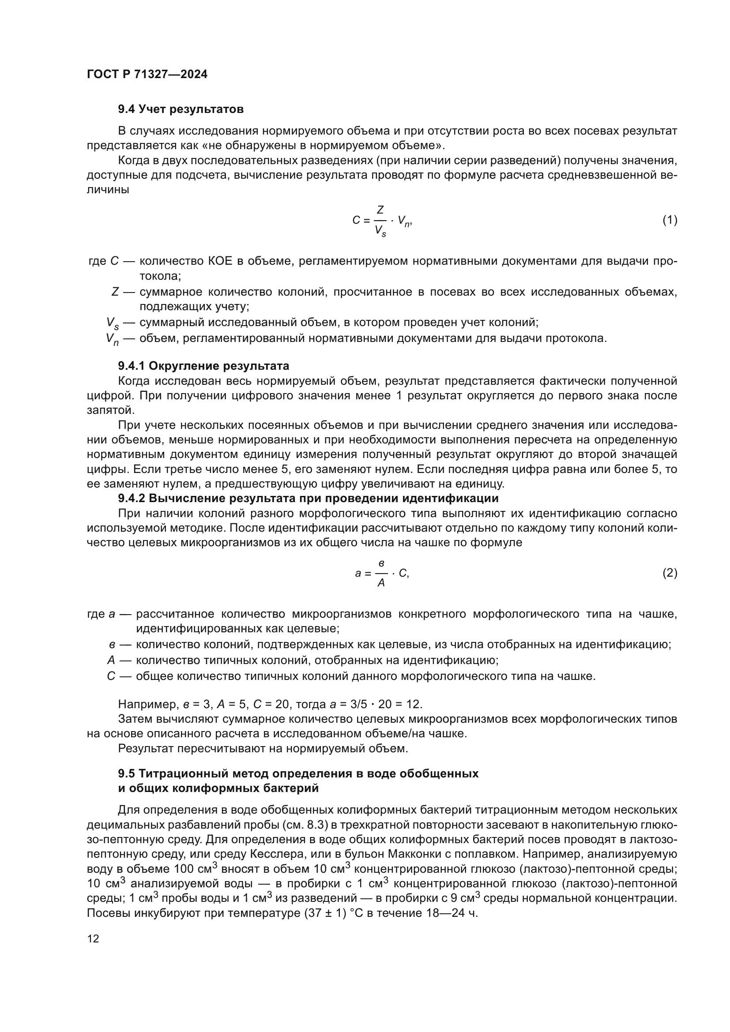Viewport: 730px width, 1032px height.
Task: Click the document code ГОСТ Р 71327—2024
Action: (147, 75)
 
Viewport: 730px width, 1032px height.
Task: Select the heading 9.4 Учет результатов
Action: (181, 109)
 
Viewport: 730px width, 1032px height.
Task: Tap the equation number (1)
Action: (670, 220)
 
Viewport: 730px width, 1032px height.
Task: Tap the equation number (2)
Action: (670, 573)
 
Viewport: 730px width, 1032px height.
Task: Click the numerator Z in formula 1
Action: (380, 210)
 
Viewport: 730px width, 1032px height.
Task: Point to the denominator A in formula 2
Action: (381, 583)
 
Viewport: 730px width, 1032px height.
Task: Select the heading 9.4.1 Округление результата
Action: (203, 365)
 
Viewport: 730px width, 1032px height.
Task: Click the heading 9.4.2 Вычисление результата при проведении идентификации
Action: (308, 498)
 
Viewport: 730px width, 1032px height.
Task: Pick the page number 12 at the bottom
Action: (93, 938)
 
